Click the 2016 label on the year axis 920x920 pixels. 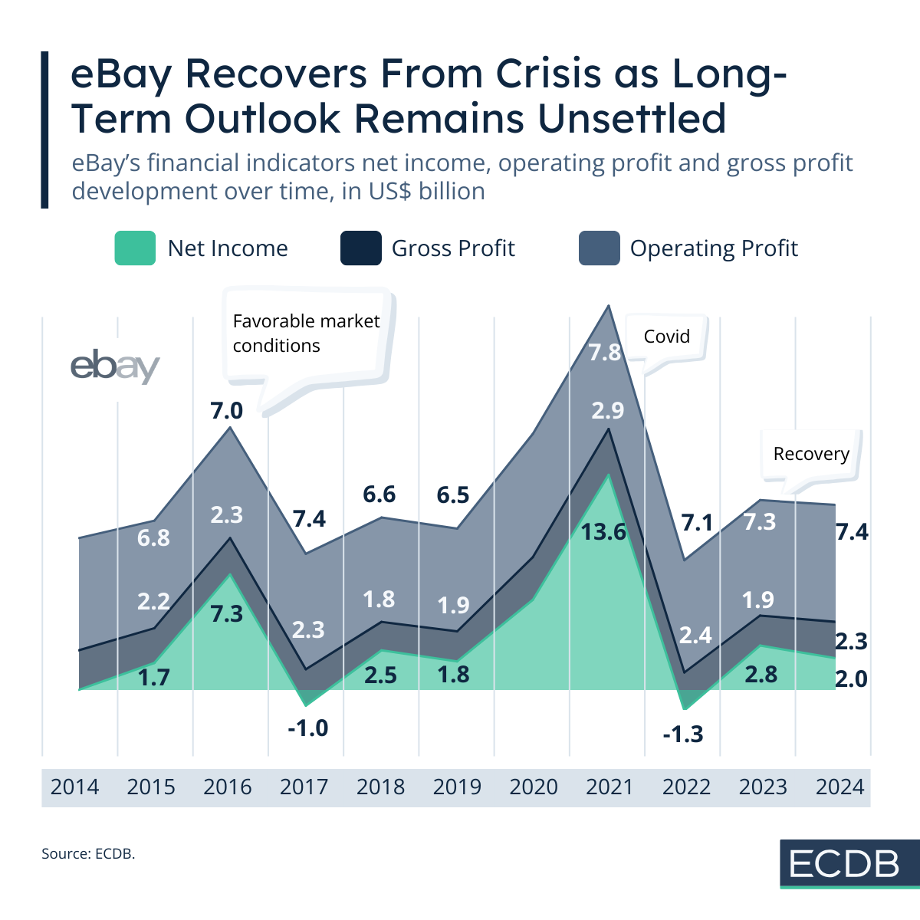pyautogui.click(x=228, y=787)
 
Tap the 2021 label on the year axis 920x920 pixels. pyautogui.click(x=609, y=787)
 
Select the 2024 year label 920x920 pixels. pyautogui.click(x=839, y=787)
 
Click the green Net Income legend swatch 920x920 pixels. pyautogui.click(x=135, y=248)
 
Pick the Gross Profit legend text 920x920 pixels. pyautogui.click(x=453, y=248)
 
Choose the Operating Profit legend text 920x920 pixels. pyautogui.click(x=713, y=248)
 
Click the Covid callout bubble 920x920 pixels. pyautogui.click(x=666, y=337)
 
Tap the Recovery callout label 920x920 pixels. pyautogui.click(x=811, y=454)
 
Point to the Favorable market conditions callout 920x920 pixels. pyautogui.click(x=306, y=333)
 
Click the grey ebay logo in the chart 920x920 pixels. pyautogui.click(x=115, y=367)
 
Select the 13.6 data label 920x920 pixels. pyautogui.click(x=603, y=531)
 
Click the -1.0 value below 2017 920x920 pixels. pyautogui.click(x=307, y=728)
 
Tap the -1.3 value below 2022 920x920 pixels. pyautogui.click(x=682, y=734)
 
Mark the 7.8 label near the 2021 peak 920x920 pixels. pyautogui.click(x=605, y=353)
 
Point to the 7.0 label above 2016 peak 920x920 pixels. pyautogui.click(x=227, y=411)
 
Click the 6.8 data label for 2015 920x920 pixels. pyautogui.click(x=153, y=537)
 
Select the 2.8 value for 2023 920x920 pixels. pyautogui.click(x=761, y=675)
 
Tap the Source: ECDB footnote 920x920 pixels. pyautogui.click(x=88, y=853)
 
